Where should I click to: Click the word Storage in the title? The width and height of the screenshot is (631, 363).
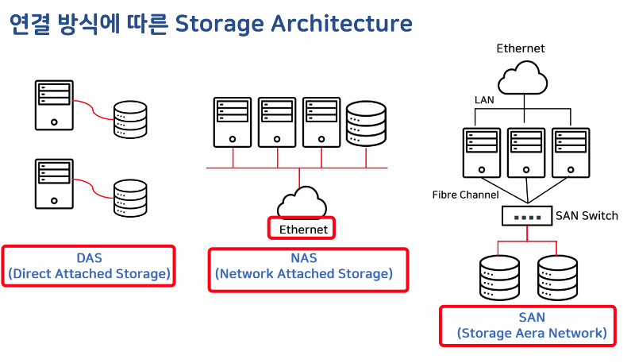(x=220, y=24)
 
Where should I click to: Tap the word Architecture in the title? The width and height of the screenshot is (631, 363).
(x=341, y=23)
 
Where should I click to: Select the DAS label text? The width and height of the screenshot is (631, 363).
(x=90, y=258)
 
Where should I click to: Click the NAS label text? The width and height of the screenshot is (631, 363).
(x=304, y=258)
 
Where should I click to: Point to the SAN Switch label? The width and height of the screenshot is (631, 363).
(x=587, y=216)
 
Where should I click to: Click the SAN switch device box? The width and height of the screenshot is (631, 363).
(x=527, y=216)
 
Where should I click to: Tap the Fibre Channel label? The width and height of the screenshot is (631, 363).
(x=465, y=195)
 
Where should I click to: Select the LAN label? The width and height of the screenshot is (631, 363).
(x=484, y=100)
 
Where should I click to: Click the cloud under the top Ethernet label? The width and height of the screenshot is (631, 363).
(x=523, y=78)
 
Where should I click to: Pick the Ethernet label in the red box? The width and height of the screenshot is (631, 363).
(x=303, y=230)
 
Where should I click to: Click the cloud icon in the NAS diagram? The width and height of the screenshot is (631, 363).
(x=302, y=202)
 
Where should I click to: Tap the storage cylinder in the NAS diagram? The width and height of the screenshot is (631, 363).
(x=366, y=123)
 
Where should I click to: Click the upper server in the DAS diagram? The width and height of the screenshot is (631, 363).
(x=54, y=105)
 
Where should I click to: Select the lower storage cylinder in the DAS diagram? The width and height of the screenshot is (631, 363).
(x=130, y=198)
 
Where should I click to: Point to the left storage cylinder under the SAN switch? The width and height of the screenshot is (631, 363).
(x=499, y=277)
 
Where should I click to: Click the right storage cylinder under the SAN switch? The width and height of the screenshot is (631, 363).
(x=558, y=277)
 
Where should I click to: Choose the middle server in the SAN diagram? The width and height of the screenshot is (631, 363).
(x=526, y=153)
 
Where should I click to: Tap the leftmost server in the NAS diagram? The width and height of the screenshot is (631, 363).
(x=233, y=122)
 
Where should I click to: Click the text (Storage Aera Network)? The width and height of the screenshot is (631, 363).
(x=532, y=333)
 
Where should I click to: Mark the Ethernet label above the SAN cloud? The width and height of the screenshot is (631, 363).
(x=521, y=48)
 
